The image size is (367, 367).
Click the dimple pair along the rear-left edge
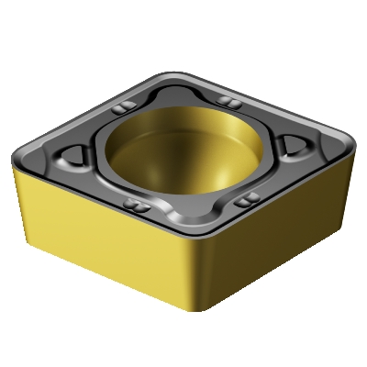(120, 112)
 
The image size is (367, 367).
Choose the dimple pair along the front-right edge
(244, 198)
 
